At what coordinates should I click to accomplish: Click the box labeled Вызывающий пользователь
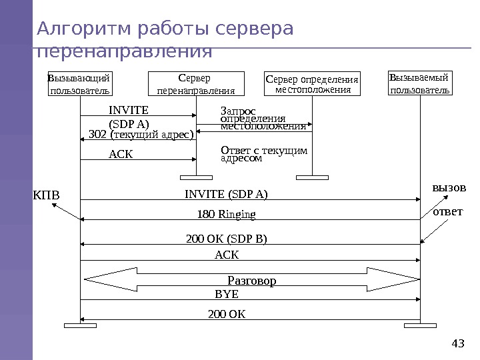point(80,84)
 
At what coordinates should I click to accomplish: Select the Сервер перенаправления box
point(195,84)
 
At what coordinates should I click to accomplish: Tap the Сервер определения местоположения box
point(313,84)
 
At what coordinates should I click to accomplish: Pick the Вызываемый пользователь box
point(420,84)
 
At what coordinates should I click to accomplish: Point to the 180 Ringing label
point(227,215)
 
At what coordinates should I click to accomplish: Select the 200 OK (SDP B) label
point(231,239)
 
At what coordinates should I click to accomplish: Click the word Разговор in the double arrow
point(252,281)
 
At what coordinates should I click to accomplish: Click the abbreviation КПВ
point(46,196)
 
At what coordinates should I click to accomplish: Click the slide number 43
point(458,343)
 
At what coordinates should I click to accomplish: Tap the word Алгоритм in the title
point(83,29)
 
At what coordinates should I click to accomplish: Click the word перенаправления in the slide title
point(125,51)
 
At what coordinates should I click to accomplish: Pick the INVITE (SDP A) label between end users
point(226,195)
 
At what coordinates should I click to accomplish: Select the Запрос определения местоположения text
point(263,118)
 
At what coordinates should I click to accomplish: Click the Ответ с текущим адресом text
point(264,155)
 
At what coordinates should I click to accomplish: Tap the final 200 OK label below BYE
point(227,312)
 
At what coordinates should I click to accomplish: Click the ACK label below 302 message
point(121,155)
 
